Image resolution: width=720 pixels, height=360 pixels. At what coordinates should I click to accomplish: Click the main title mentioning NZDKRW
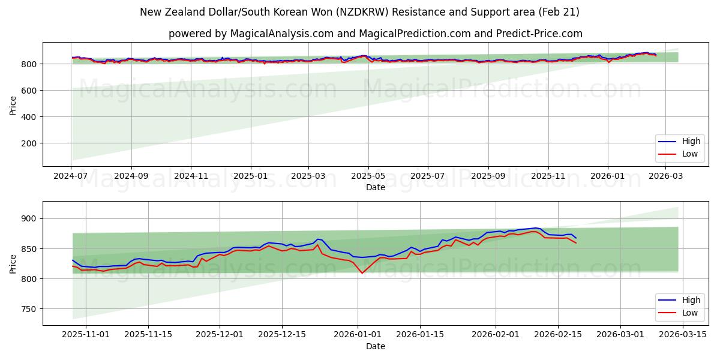point(359,12)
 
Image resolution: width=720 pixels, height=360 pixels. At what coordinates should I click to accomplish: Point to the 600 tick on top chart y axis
point(30,91)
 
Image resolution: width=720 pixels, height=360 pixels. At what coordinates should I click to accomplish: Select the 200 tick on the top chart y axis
point(30,143)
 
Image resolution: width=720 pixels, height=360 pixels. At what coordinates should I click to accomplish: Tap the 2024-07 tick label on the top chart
point(71,176)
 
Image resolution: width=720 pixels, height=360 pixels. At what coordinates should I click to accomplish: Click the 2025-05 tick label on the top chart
point(368,176)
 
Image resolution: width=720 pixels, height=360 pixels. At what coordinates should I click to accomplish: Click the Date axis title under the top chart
point(375,187)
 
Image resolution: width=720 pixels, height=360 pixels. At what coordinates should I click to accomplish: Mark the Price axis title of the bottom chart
point(13,263)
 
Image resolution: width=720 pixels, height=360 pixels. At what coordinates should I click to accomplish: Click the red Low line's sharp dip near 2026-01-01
point(362,273)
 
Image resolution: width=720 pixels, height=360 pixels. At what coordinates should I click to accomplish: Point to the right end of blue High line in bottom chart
point(576,238)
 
